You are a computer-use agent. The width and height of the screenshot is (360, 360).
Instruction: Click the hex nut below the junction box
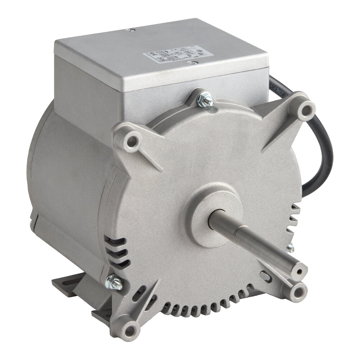pos(206,99)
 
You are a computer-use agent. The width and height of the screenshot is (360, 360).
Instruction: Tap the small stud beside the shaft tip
pos(290,248)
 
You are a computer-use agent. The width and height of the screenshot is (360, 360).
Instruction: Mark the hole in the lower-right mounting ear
pos(297,290)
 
